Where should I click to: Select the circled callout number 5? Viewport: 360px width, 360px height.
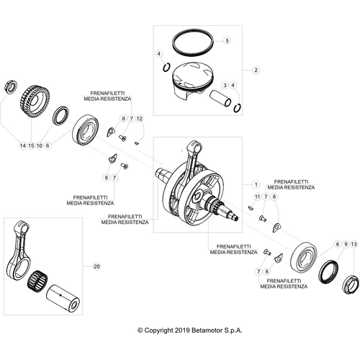(226, 41)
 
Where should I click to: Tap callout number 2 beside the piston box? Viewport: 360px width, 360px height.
(255, 70)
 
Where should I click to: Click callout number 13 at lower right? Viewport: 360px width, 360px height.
(353, 245)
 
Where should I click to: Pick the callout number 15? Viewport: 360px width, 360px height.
(31, 145)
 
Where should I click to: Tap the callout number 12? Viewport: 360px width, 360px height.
(140, 117)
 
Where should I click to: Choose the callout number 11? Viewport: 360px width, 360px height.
(255, 197)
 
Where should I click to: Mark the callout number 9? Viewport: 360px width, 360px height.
(345, 245)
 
